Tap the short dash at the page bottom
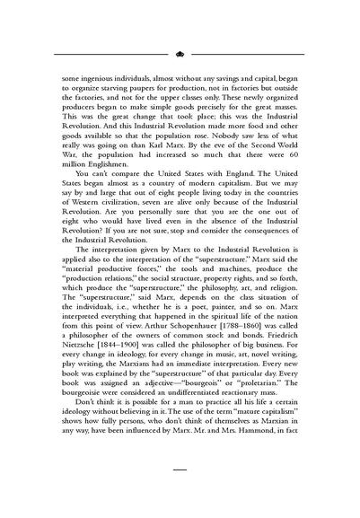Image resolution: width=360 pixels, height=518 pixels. point(180,469)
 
